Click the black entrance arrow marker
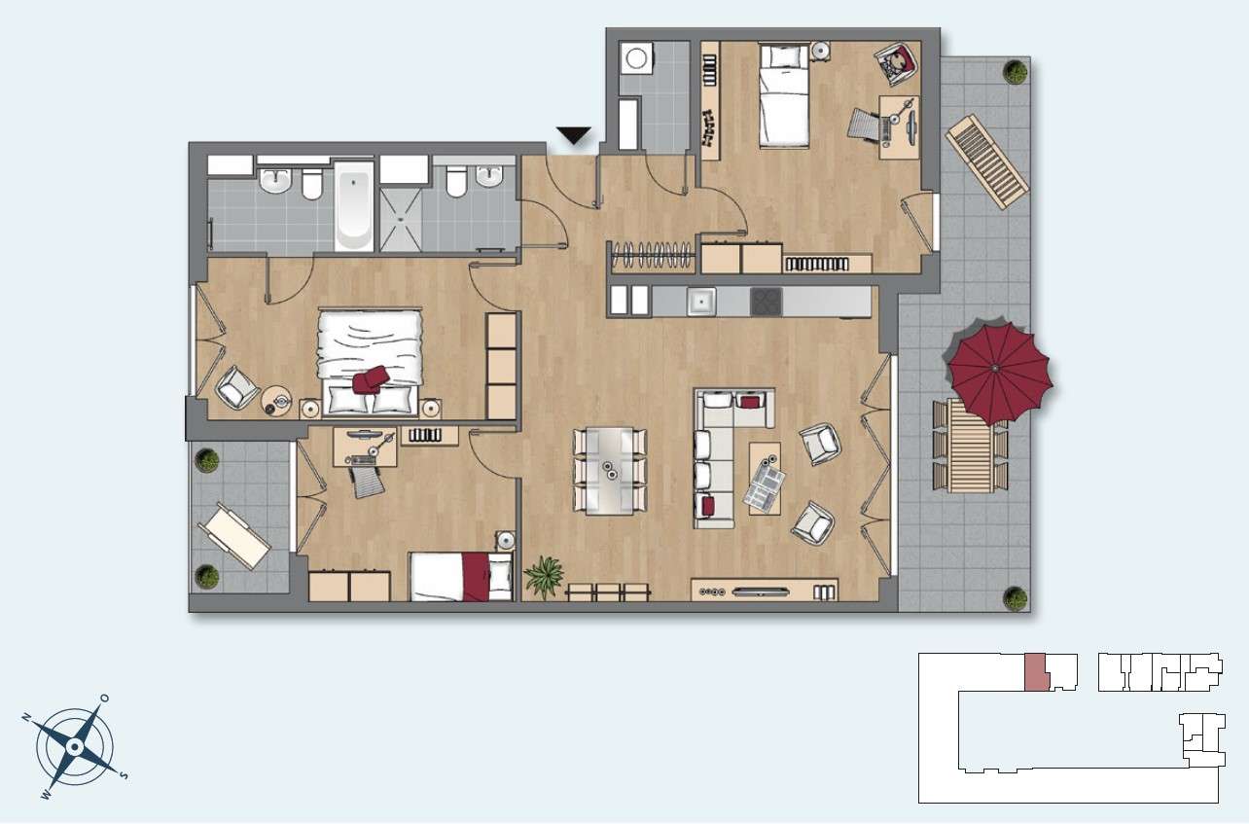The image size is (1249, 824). pyautogui.click(x=573, y=135)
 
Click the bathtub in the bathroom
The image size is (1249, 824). pyautogui.click(x=353, y=206)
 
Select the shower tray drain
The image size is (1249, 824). pyautogui.click(x=401, y=218)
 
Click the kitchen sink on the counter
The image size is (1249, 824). pyautogui.click(x=701, y=302)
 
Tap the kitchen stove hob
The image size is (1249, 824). pyautogui.click(x=767, y=302)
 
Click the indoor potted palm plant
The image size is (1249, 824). pyautogui.click(x=544, y=576)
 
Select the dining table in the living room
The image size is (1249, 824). pyautogui.click(x=610, y=471)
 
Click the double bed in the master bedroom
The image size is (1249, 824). pyautogui.click(x=370, y=362)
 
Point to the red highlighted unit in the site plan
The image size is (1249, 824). pyautogui.click(x=1037, y=672)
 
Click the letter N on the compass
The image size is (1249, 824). pyautogui.click(x=26, y=717)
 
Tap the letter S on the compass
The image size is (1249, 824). pyautogui.click(x=124, y=775)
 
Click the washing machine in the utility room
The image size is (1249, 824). pyautogui.click(x=635, y=57)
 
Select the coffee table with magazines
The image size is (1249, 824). pyautogui.click(x=765, y=479)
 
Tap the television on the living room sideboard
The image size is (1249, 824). pyautogui.click(x=760, y=591)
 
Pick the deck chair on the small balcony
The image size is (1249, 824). pyautogui.click(x=234, y=536)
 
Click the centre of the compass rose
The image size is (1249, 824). pyautogui.click(x=74, y=746)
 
